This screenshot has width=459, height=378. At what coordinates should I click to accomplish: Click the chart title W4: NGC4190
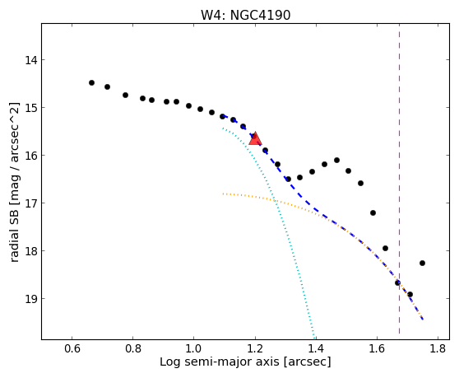246,15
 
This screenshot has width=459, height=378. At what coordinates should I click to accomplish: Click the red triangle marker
255,138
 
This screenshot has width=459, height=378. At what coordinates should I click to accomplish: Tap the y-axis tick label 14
31,60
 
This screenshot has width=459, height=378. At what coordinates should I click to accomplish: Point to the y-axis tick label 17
31,203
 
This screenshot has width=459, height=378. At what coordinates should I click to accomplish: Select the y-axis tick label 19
31,299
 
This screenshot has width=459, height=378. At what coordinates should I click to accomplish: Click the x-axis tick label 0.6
72,349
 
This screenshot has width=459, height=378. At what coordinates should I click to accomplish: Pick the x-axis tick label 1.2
255,349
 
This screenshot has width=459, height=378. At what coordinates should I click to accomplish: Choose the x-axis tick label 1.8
438,349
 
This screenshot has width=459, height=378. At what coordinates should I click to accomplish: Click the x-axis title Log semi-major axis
220,362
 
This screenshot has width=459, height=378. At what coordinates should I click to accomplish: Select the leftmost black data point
91,83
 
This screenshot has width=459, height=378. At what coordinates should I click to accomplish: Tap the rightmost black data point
422,264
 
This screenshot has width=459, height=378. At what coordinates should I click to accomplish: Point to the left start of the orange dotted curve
223,194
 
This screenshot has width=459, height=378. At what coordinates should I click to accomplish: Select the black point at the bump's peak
337,161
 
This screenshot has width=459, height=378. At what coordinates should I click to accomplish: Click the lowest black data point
410,295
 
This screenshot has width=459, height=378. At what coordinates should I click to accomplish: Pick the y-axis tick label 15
31,108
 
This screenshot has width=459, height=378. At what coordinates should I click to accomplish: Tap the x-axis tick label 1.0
194,349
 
